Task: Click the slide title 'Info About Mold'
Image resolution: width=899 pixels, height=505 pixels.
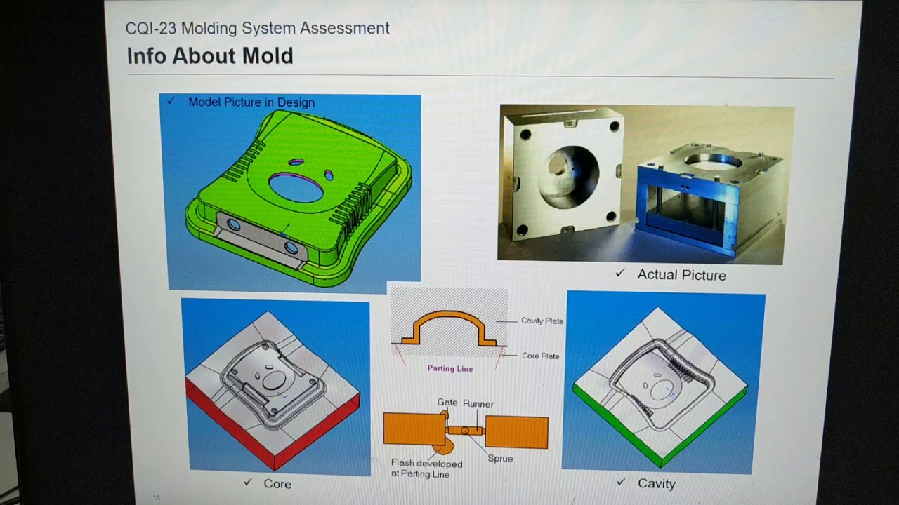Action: click(x=210, y=55)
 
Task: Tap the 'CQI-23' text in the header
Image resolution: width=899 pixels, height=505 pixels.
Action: click(x=150, y=29)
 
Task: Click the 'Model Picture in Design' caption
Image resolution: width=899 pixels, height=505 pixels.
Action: click(x=251, y=102)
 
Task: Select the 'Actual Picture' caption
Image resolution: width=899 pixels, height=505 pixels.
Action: click(x=681, y=275)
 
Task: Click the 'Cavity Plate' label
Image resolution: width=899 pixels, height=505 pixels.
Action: click(x=542, y=321)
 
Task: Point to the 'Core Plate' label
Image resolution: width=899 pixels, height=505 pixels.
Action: click(x=540, y=356)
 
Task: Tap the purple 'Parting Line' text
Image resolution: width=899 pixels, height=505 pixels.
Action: click(x=450, y=368)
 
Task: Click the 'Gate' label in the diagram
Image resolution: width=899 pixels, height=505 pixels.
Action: click(x=447, y=402)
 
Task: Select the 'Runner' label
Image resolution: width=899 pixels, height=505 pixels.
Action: click(x=478, y=403)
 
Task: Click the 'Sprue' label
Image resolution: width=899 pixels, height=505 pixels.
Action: click(x=500, y=459)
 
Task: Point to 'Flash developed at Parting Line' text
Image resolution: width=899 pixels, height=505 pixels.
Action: click(x=426, y=469)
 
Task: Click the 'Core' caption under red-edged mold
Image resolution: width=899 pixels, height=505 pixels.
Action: click(x=277, y=484)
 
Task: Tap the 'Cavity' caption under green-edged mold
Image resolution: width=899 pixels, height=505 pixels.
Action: click(x=656, y=483)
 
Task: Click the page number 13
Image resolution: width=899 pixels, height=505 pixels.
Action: click(x=156, y=497)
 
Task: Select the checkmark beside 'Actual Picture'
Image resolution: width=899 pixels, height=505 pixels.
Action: click(x=620, y=273)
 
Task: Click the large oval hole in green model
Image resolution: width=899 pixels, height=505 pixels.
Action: click(x=296, y=187)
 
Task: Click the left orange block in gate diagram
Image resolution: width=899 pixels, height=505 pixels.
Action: click(x=414, y=429)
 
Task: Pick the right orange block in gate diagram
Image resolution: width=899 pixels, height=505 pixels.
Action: click(x=516, y=432)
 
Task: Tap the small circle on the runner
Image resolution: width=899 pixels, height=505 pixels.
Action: click(x=465, y=431)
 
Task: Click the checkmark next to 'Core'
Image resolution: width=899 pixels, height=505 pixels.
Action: click(x=248, y=482)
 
